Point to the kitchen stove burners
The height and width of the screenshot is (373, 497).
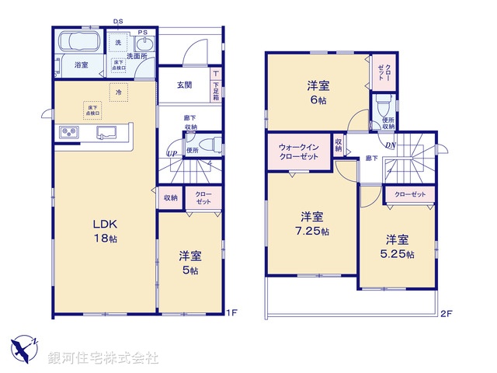[68, 132]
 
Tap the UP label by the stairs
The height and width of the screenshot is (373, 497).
[172, 154]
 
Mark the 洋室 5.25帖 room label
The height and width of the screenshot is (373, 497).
[397, 246]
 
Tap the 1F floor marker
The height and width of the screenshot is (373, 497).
[231, 313]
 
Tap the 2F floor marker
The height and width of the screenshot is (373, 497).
[446, 313]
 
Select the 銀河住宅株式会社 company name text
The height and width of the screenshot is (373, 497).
[103, 358]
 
